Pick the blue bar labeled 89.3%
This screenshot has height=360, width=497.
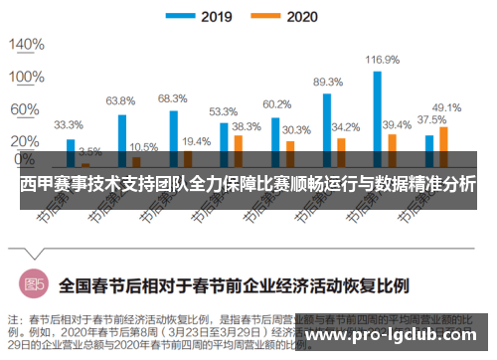point(326,128)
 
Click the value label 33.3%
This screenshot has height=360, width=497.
point(69,125)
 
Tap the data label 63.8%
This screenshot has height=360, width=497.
point(120,100)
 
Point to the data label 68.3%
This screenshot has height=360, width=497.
point(172,97)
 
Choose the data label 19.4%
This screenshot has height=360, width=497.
point(196,142)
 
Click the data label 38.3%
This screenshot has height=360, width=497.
point(247,126)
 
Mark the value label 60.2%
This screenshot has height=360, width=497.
point(276,104)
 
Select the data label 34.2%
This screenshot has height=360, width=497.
point(345,127)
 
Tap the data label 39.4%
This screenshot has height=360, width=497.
point(397,124)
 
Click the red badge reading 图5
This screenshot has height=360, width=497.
point(36,283)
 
